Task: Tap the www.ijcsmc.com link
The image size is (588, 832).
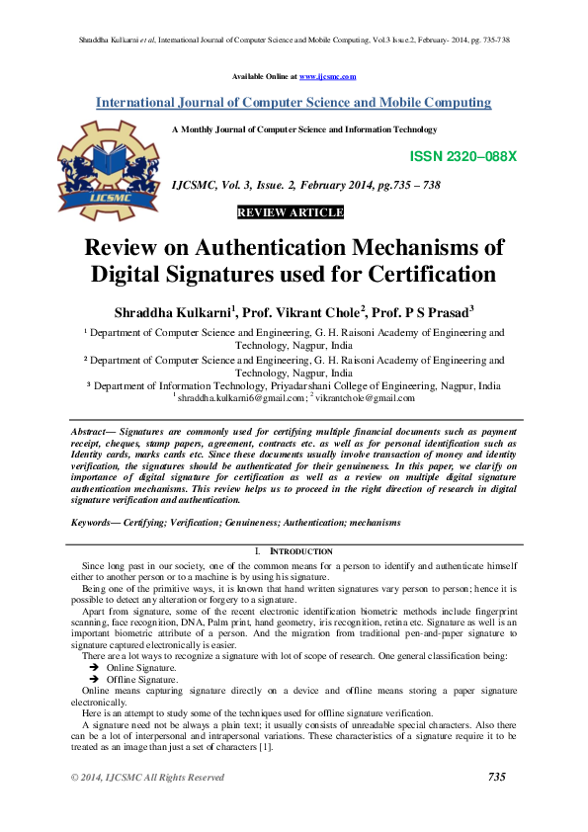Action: pyautogui.click(x=327, y=76)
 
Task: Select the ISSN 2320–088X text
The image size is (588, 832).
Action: pyautogui.click(x=462, y=157)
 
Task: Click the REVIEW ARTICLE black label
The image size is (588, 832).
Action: pyautogui.click(x=291, y=212)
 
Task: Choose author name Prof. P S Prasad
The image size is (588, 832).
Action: pyautogui.click(x=419, y=311)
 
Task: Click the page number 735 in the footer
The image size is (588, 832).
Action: pyautogui.click(x=497, y=778)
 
